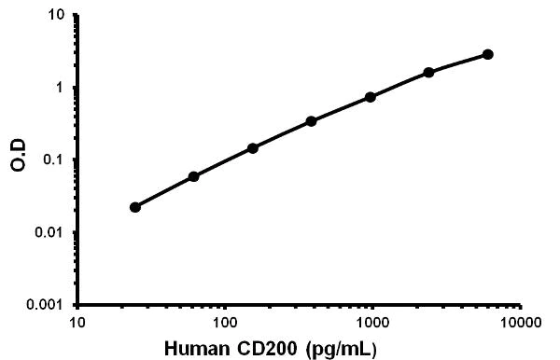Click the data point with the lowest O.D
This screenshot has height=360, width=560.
tap(135, 207)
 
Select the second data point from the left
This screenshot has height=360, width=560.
tap(193, 176)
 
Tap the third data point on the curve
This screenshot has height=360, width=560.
tap(253, 148)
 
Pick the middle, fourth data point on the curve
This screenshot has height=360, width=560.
tap(312, 121)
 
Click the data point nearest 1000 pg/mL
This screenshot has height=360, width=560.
tap(371, 97)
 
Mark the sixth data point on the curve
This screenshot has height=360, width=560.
tap(429, 72)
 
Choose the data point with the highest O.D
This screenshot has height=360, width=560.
tap(488, 54)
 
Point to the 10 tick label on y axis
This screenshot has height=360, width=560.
tap(57, 16)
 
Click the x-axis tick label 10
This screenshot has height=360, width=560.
tap(77, 324)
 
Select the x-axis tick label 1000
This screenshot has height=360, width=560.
tap(372, 324)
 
